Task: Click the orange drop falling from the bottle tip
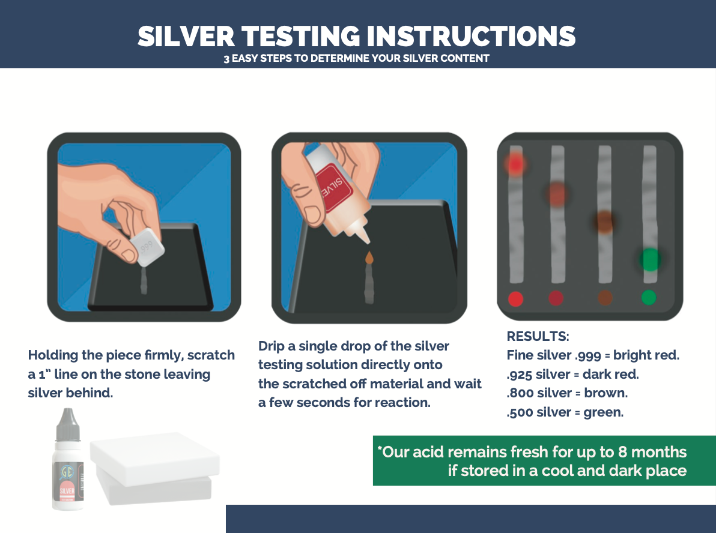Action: coord(368,256)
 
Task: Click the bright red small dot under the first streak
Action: coord(516,298)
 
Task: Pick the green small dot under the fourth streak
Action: coord(648,297)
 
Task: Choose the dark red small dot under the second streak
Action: coord(556,298)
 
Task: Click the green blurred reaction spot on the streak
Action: coord(649,259)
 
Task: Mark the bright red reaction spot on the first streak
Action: coord(515,163)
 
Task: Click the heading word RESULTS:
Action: coord(538,336)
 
